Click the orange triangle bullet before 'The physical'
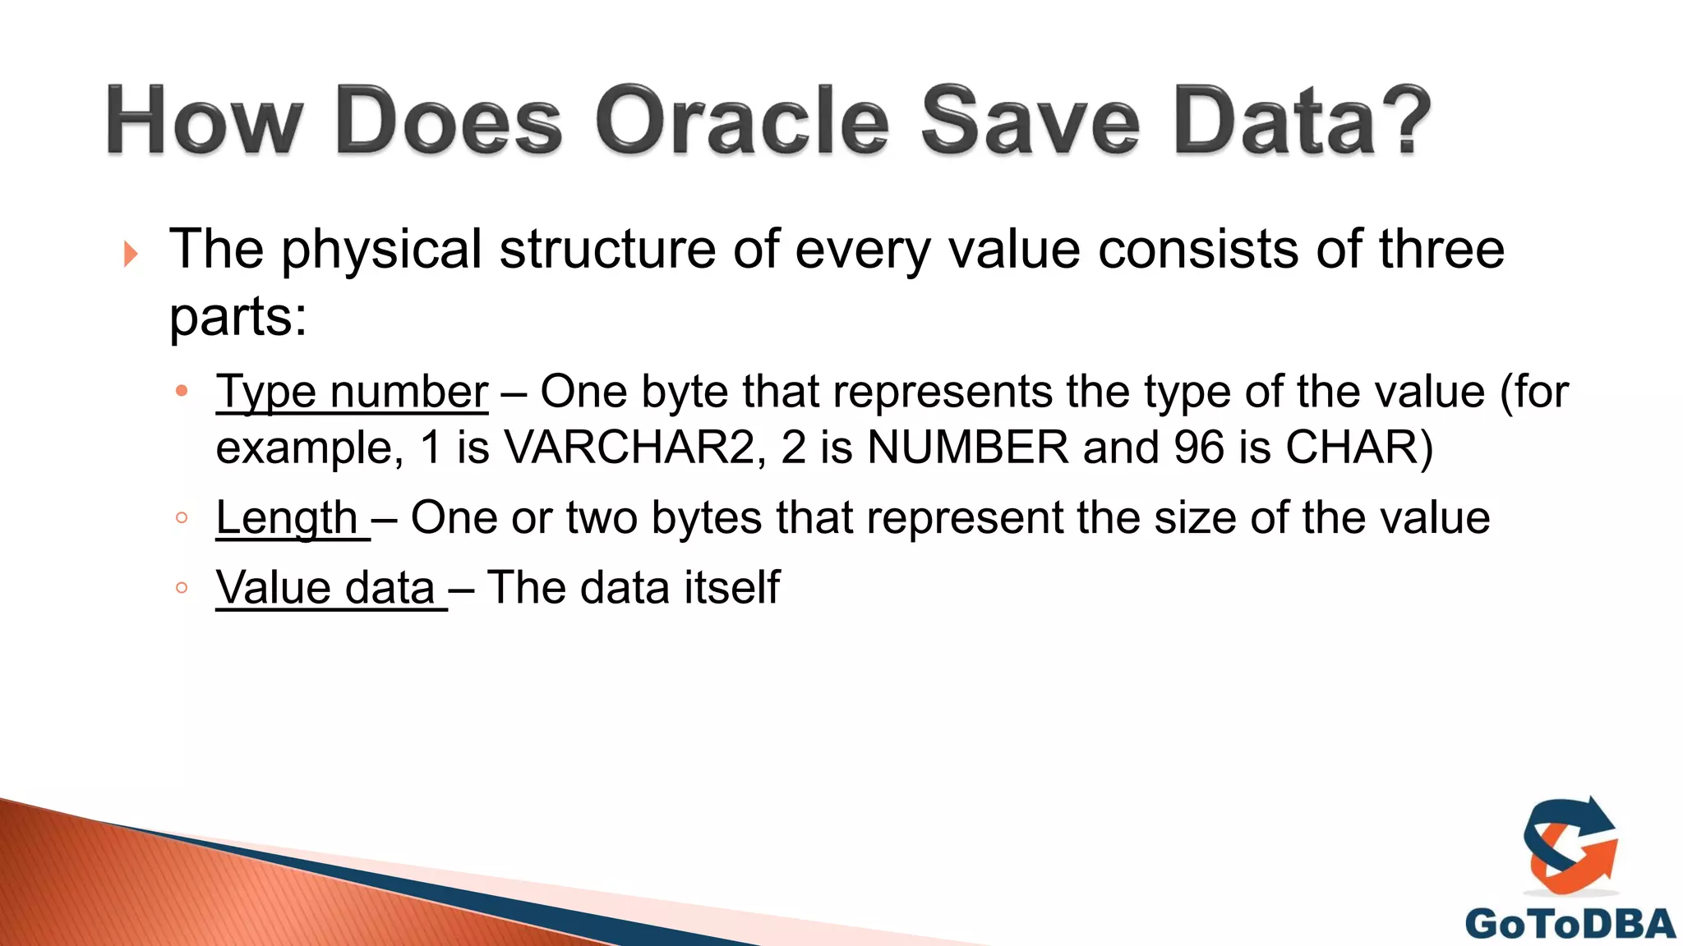[130, 254]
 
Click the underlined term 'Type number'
[352, 392]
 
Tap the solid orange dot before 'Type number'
[182, 391]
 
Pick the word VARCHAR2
[629, 448]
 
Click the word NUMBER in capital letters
[968, 448]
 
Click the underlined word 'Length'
[287, 518]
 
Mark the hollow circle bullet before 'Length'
[182, 518]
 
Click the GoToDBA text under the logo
[1570, 924]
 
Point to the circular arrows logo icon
[1570, 846]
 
